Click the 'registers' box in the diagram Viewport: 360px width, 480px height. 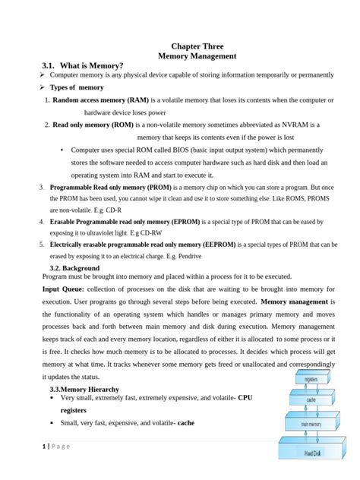311,378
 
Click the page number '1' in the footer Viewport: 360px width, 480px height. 44,446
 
